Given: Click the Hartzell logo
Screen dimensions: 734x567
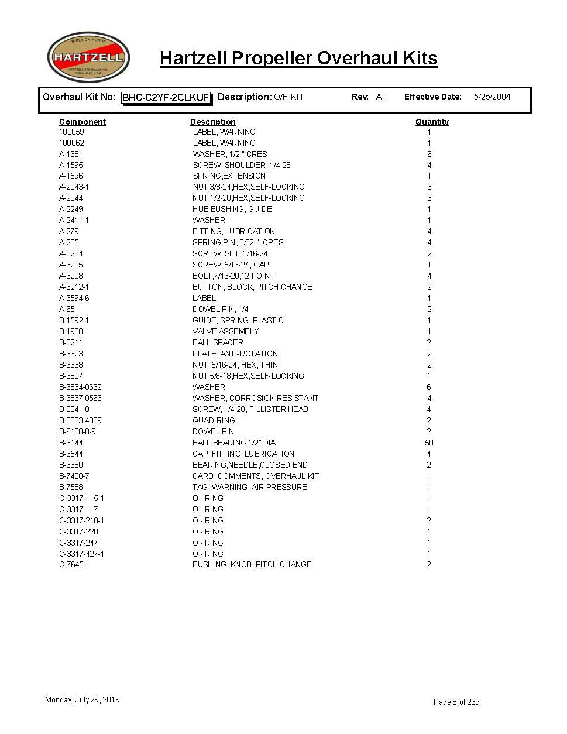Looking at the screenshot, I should click(88, 57).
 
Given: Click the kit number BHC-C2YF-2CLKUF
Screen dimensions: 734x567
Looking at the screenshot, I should click(166, 97).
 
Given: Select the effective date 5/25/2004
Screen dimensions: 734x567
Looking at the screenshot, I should click(492, 97).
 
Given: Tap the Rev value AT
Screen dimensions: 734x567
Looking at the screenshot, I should click(381, 97).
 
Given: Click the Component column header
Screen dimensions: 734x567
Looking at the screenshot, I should click(83, 122).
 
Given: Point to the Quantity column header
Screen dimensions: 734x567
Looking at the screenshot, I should click(432, 122).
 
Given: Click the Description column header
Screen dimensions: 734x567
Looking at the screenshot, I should click(213, 122).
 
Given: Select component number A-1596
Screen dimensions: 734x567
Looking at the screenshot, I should click(71, 176).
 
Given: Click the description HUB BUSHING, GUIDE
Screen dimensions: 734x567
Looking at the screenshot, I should click(232, 209).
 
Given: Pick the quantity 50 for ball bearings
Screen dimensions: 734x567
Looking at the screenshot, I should click(429, 443).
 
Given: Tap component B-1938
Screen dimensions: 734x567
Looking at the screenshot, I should click(71, 331).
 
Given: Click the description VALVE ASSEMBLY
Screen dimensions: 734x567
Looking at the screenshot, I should click(225, 331).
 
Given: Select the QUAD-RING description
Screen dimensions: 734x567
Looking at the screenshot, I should click(214, 420).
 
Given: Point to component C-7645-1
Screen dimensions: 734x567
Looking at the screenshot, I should click(74, 564).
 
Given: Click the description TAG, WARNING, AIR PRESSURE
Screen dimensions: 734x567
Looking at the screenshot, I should click(249, 487).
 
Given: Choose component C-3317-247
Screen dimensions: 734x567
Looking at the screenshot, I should click(78, 543).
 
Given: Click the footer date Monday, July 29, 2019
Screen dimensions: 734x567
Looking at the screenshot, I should click(83, 699).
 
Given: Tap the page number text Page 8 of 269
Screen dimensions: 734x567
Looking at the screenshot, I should click(456, 702).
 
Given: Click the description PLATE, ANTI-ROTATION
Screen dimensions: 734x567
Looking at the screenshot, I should click(235, 354).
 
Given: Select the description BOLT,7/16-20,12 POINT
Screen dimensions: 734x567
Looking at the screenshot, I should click(233, 276).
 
